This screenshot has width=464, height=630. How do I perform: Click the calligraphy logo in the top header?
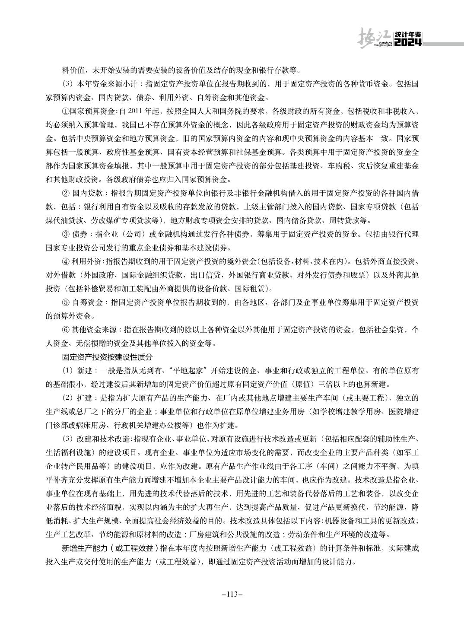point(374,38)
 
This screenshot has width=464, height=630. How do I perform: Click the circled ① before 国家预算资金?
point(65,111)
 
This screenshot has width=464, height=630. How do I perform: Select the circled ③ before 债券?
point(66,234)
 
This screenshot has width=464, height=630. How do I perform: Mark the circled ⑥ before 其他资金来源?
point(66,330)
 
